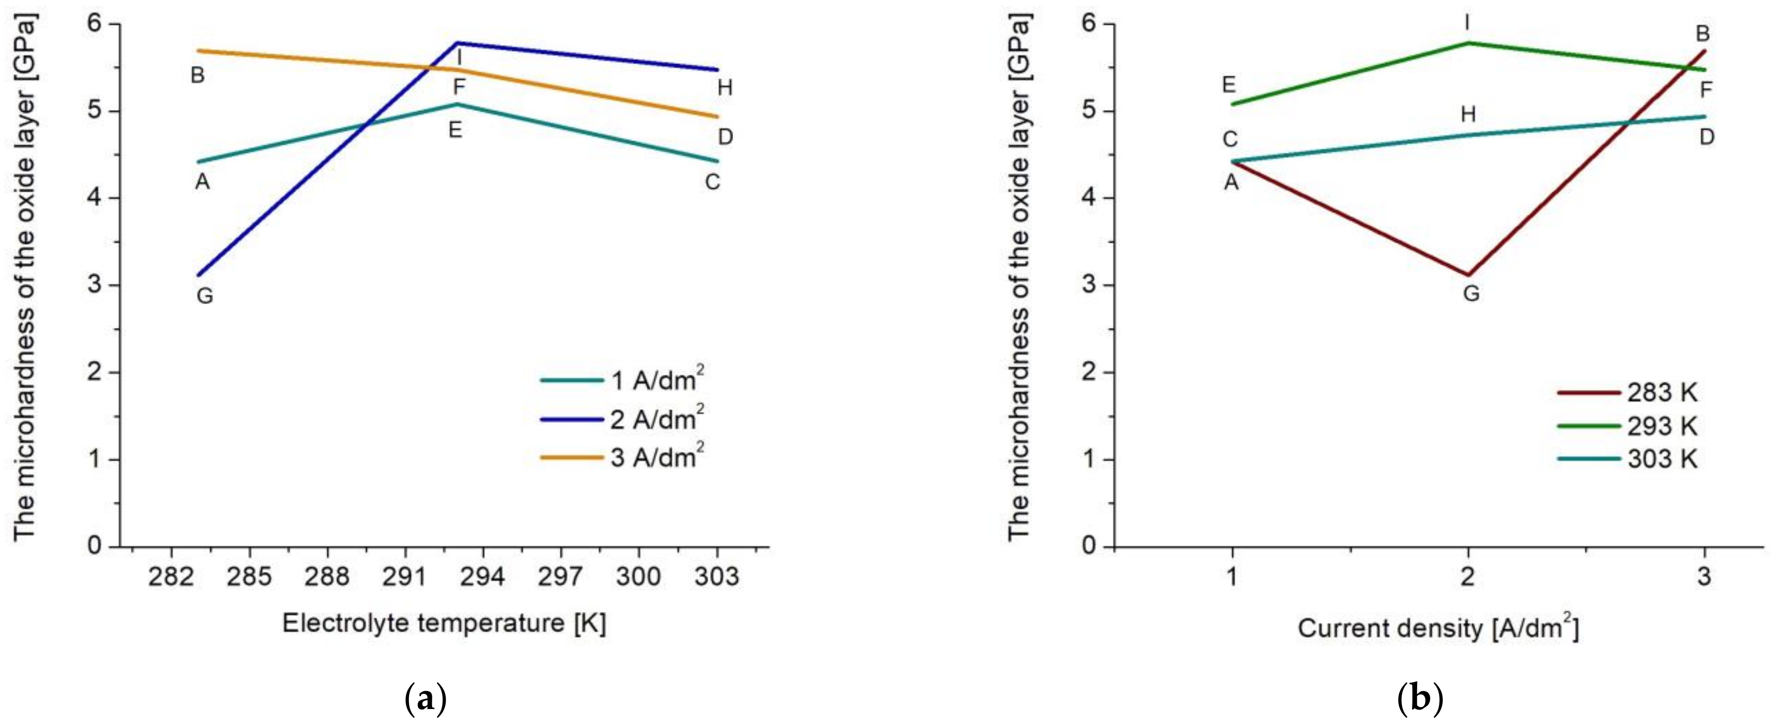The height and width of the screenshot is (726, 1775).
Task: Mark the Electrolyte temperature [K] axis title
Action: click(444, 624)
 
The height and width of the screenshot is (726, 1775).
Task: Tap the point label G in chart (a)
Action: click(205, 296)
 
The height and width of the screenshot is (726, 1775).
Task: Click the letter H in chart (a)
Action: click(724, 87)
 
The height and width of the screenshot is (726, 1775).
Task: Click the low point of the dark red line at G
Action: click(1468, 275)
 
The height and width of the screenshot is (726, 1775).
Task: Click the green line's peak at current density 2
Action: click(1468, 43)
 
